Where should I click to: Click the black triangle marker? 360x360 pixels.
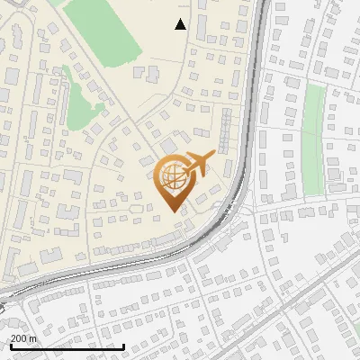coord(181,24)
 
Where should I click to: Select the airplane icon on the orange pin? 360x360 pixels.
coord(196,165)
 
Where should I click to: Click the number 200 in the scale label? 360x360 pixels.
coord(19,338)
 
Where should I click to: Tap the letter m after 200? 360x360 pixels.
coord(32,338)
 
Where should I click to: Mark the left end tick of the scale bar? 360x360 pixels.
coord(10,346)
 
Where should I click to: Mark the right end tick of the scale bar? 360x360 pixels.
coord(123,346)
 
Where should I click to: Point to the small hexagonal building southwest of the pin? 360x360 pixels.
coord(135,208)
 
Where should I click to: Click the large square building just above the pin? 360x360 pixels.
coord(168,145)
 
